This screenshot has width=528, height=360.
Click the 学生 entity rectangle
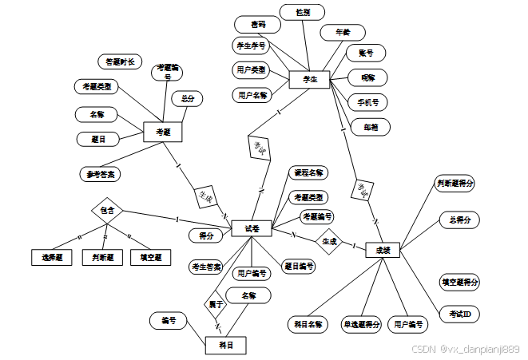(309, 79)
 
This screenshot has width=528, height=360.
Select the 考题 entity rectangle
(163, 132)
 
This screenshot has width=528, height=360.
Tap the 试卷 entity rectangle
(252, 228)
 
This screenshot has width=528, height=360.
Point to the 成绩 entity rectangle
(382, 250)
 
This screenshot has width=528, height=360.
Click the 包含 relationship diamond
(107, 211)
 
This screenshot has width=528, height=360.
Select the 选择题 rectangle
(52, 257)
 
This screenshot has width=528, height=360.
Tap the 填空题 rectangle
(150, 257)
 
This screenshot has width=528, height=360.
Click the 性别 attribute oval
(302, 13)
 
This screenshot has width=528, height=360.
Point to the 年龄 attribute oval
(342, 33)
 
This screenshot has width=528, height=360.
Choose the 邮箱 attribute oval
(371, 126)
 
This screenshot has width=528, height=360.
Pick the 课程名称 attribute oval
(308, 173)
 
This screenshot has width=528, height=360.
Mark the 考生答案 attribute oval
(207, 266)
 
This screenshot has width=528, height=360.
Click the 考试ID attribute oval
(459, 315)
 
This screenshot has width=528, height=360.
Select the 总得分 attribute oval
(460, 220)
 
